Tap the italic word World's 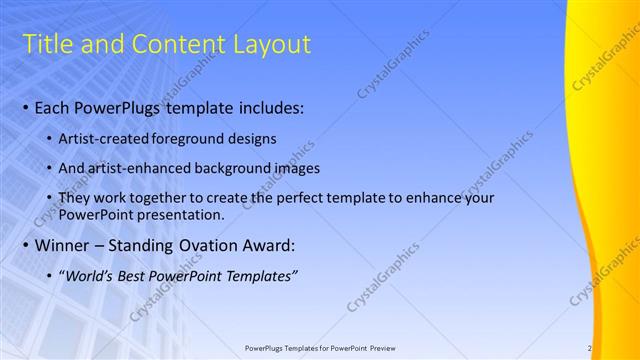tap(88, 276)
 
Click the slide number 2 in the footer tap(590, 348)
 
